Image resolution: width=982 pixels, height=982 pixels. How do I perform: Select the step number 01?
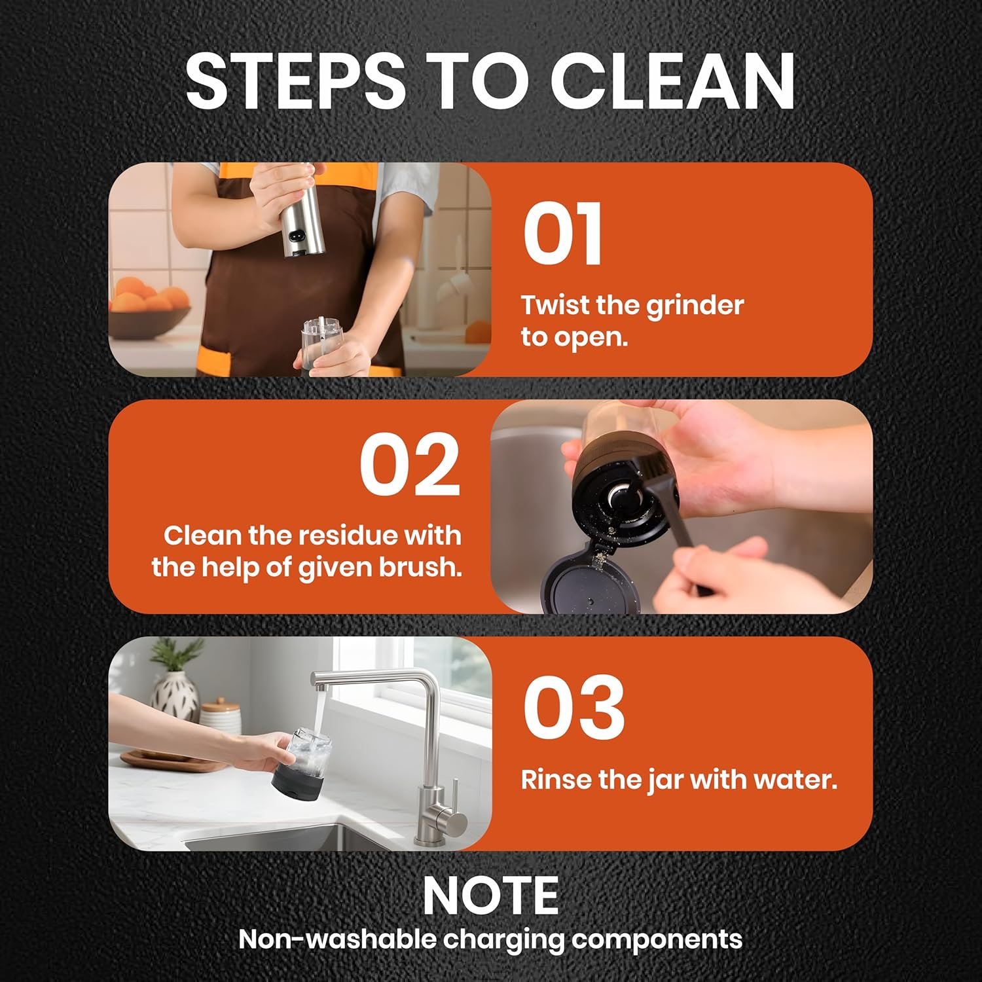[562, 234]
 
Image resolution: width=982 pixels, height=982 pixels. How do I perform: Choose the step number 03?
[573, 708]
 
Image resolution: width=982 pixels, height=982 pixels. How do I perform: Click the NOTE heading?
[491, 896]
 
